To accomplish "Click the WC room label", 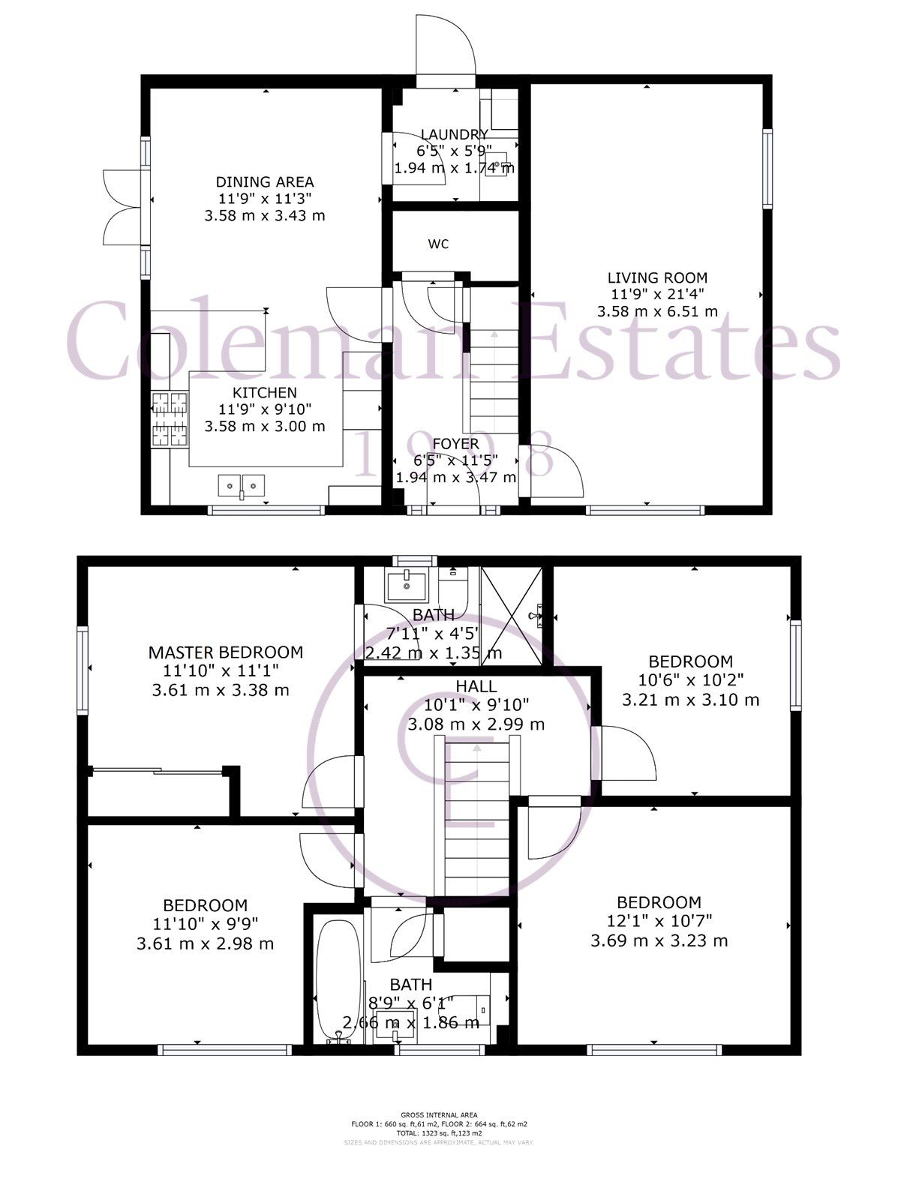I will pyautogui.click(x=438, y=244).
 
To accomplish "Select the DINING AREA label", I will pyautogui.click(x=265, y=181).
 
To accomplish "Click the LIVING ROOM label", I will pyautogui.click(x=657, y=277).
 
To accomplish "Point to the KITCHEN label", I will pyautogui.click(x=264, y=392).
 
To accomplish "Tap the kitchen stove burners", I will pyautogui.click(x=169, y=419).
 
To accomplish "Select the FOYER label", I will pyautogui.click(x=455, y=444).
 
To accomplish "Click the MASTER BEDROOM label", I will pyautogui.click(x=225, y=652).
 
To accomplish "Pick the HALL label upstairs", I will pyautogui.click(x=476, y=686).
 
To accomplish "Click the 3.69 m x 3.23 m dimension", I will pyautogui.click(x=659, y=940).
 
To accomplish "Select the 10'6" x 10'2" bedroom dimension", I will pyautogui.click(x=690, y=681).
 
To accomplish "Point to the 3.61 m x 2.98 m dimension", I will pyautogui.click(x=205, y=943).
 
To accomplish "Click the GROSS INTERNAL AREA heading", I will pyautogui.click(x=439, y=1115).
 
